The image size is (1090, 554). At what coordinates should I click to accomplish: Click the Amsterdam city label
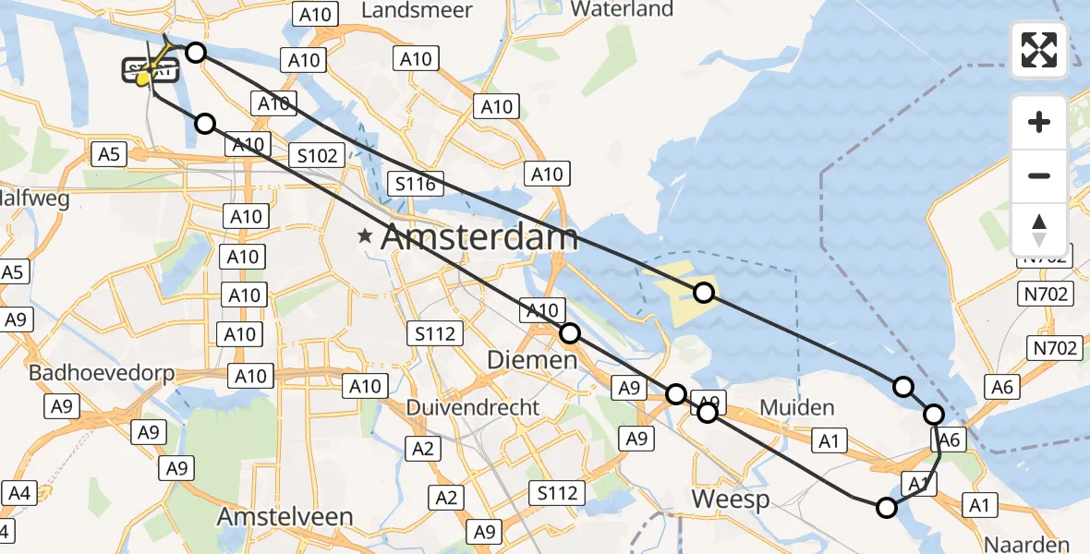(479, 237)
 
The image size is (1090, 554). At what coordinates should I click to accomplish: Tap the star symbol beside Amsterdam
(367, 237)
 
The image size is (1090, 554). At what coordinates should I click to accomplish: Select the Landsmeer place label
(417, 10)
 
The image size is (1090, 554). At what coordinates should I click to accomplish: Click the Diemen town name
(533, 359)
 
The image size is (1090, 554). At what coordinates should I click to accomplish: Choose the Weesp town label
(731, 500)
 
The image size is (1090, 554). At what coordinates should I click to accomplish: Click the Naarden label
(1027, 544)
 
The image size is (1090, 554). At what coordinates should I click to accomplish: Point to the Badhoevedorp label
(102, 373)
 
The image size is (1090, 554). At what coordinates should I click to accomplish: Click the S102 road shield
(317, 155)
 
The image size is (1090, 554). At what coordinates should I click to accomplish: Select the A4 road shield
(19, 494)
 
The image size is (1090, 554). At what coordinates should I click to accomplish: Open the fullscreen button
(1039, 50)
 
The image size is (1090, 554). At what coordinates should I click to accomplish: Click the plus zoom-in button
(1039, 122)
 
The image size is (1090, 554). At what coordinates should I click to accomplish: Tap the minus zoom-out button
(1039, 175)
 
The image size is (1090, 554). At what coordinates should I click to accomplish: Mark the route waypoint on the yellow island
(704, 293)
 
